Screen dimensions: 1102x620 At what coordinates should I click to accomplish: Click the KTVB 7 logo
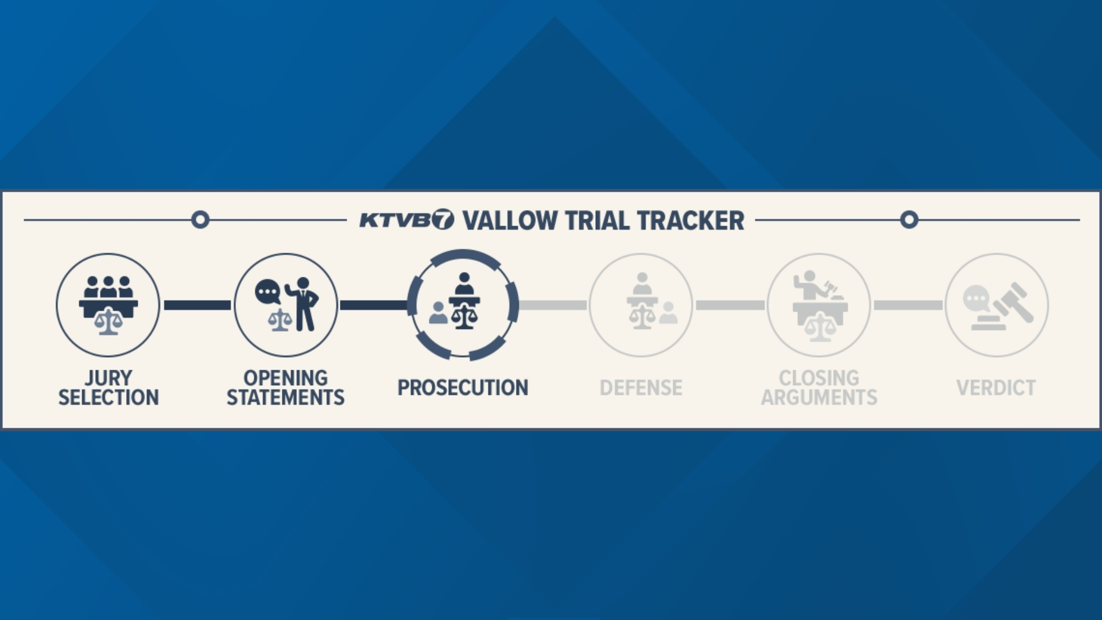click(406, 220)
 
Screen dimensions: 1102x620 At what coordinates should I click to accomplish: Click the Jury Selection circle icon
click(108, 305)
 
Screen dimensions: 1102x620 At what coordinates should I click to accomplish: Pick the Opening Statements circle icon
click(286, 305)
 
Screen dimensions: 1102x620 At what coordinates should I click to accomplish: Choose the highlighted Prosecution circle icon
click(463, 305)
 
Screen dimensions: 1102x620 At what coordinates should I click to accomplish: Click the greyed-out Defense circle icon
click(641, 305)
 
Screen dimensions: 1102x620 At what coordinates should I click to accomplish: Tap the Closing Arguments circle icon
click(819, 305)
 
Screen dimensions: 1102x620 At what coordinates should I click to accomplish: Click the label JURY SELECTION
click(108, 387)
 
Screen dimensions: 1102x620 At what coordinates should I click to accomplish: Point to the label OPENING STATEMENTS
click(286, 387)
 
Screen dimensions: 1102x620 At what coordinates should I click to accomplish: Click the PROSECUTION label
click(463, 387)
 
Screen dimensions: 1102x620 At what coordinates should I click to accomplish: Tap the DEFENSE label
click(641, 387)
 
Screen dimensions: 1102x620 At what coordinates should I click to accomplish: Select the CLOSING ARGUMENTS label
click(819, 387)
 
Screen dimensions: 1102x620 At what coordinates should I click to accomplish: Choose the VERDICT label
click(996, 387)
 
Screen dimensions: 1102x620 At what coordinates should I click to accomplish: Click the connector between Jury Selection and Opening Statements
click(197, 305)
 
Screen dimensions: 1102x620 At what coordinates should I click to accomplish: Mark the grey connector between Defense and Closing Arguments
click(730, 305)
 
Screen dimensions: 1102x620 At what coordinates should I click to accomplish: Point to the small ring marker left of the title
click(200, 220)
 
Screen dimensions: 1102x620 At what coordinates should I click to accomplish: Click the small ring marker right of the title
click(909, 220)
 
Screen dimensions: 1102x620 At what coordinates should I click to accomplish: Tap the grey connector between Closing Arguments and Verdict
click(908, 305)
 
